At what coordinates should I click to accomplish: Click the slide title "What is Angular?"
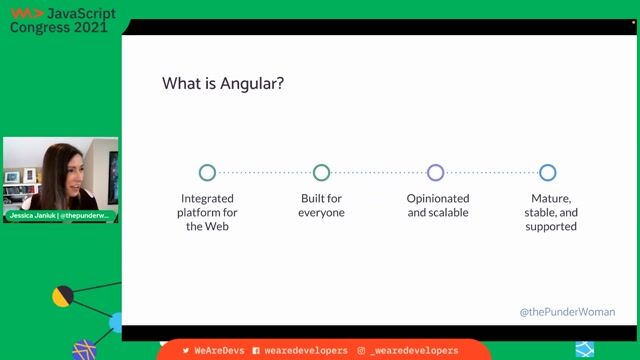223,84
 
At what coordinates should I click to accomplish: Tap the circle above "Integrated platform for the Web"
207,172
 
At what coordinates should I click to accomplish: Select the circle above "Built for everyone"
321,172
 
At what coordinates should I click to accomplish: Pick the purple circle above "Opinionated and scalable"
435,172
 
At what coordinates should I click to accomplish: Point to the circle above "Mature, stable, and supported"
548,172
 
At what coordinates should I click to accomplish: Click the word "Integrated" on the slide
208,198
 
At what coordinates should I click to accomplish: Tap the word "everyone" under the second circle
321,212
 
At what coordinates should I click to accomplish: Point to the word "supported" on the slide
551,226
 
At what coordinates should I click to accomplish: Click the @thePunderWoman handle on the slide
567,312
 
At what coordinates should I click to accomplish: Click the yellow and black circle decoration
62,296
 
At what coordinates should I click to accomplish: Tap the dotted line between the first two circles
264,172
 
